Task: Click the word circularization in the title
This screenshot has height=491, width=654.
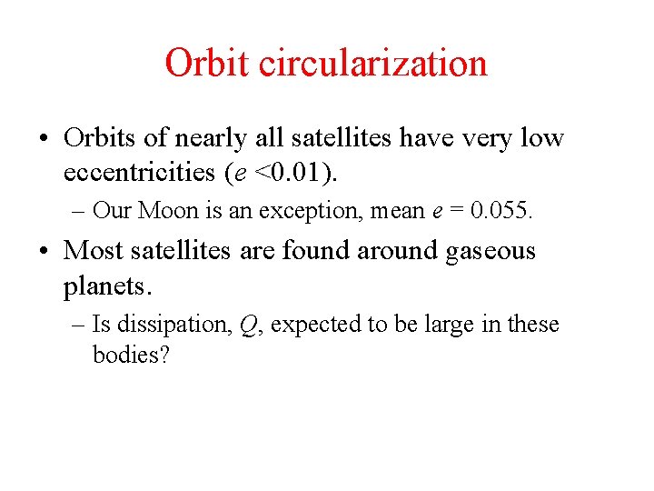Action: (373, 64)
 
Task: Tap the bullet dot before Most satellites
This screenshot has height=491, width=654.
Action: (43, 251)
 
